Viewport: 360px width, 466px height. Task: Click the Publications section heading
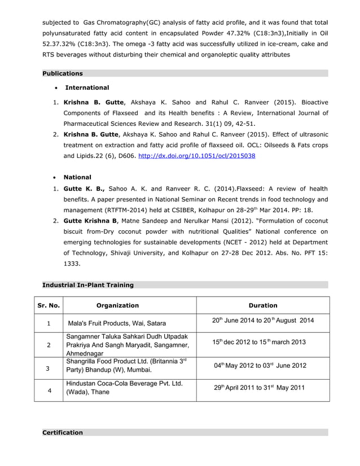point(63,73)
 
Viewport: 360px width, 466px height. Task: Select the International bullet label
point(87,87)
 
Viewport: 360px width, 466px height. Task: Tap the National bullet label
point(77,177)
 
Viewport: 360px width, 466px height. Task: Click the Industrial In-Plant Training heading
point(88,285)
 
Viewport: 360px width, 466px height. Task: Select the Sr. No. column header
point(49,305)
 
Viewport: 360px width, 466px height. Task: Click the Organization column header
point(117,305)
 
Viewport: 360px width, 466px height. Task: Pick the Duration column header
point(262,305)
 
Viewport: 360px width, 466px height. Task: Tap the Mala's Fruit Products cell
point(117,323)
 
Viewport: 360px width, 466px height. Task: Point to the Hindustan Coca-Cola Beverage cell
point(125,388)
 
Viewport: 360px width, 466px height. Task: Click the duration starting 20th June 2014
point(262,321)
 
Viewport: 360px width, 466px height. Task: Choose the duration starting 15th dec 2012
point(259,342)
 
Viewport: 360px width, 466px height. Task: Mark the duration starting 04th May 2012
point(260,365)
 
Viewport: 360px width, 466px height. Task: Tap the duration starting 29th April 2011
point(259,388)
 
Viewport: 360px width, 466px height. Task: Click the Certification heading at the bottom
point(63,433)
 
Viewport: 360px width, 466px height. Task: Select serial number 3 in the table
point(49,368)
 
